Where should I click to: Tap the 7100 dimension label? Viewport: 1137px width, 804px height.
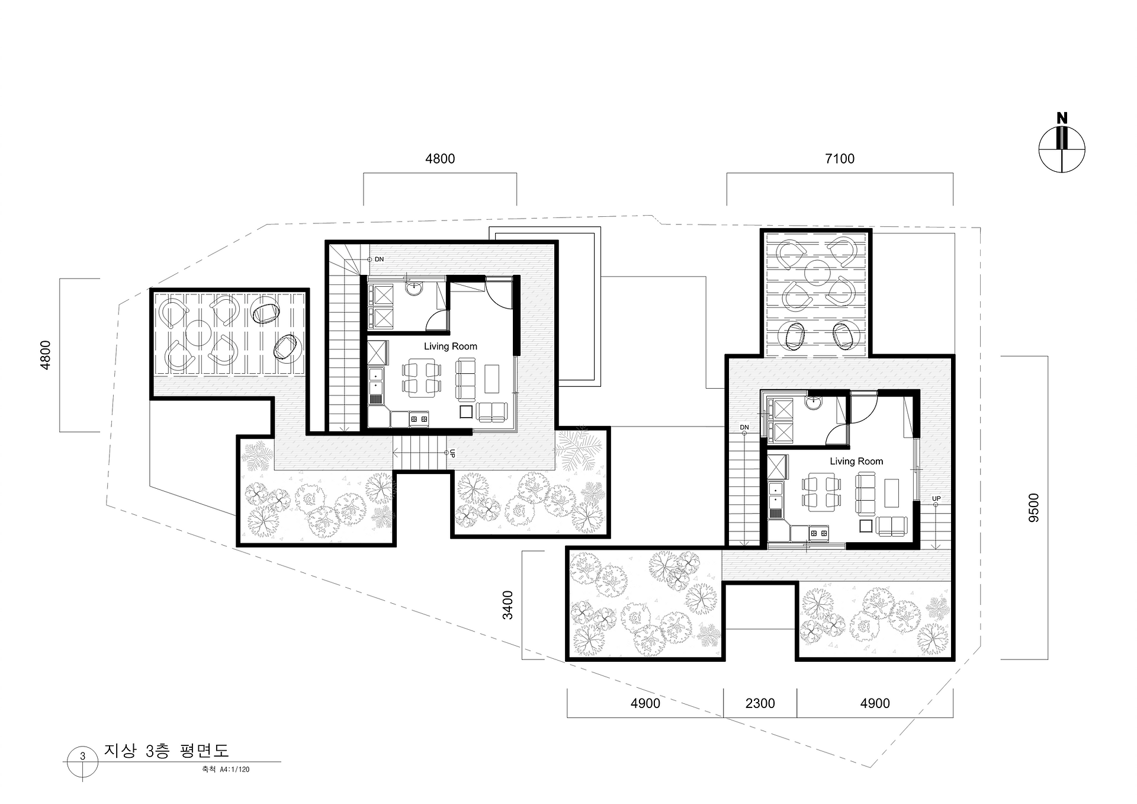tap(840, 159)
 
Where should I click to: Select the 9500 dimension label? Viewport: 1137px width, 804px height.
tap(1034, 508)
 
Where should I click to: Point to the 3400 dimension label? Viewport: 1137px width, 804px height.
tap(508, 605)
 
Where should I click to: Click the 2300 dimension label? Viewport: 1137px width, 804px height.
tap(760, 703)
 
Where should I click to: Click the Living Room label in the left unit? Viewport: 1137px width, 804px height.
tap(451, 347)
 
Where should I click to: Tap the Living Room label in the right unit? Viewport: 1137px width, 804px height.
tap(856, 462)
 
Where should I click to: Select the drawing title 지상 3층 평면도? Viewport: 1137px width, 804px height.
tap(166, 751)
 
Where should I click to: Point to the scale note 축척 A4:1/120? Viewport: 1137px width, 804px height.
tap(225, 770)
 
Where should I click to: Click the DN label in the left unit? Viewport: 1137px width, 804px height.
tap(380, 260)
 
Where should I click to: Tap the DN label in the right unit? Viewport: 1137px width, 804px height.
tap(744, 427)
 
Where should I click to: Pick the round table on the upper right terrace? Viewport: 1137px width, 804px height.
tap(817, 272)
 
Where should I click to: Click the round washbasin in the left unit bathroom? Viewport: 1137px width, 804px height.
tap(414, 288)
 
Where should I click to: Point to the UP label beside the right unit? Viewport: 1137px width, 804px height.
tap(936, 499)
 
